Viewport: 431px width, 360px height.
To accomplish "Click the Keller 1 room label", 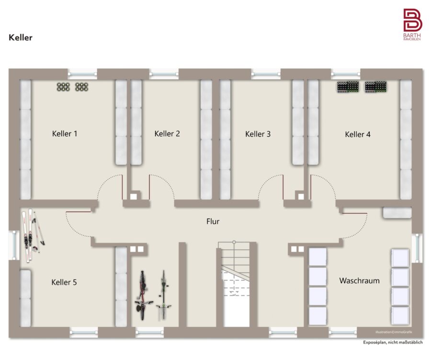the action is (65, 134).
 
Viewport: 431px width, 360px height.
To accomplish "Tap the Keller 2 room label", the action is (167, 134).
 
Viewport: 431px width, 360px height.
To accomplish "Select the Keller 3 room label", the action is (258, 134).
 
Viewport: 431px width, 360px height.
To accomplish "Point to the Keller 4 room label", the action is (358, 134).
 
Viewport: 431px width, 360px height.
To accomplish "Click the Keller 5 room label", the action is (64, 282).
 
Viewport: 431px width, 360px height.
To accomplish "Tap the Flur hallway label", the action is (213, 221).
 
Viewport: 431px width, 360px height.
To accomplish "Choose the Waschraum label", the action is (359, 281).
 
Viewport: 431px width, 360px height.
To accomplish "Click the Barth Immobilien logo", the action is (412, 24).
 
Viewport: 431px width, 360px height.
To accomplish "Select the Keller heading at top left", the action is (21, 37).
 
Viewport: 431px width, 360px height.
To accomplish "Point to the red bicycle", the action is (143, 295).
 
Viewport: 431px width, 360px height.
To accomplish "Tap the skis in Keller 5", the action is (32, 235).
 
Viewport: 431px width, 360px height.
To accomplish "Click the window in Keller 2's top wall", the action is (164, 74).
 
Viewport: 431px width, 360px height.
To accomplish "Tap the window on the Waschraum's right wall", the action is (417, 248).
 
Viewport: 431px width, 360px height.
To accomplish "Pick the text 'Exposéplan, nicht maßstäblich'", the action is (393, 342).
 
